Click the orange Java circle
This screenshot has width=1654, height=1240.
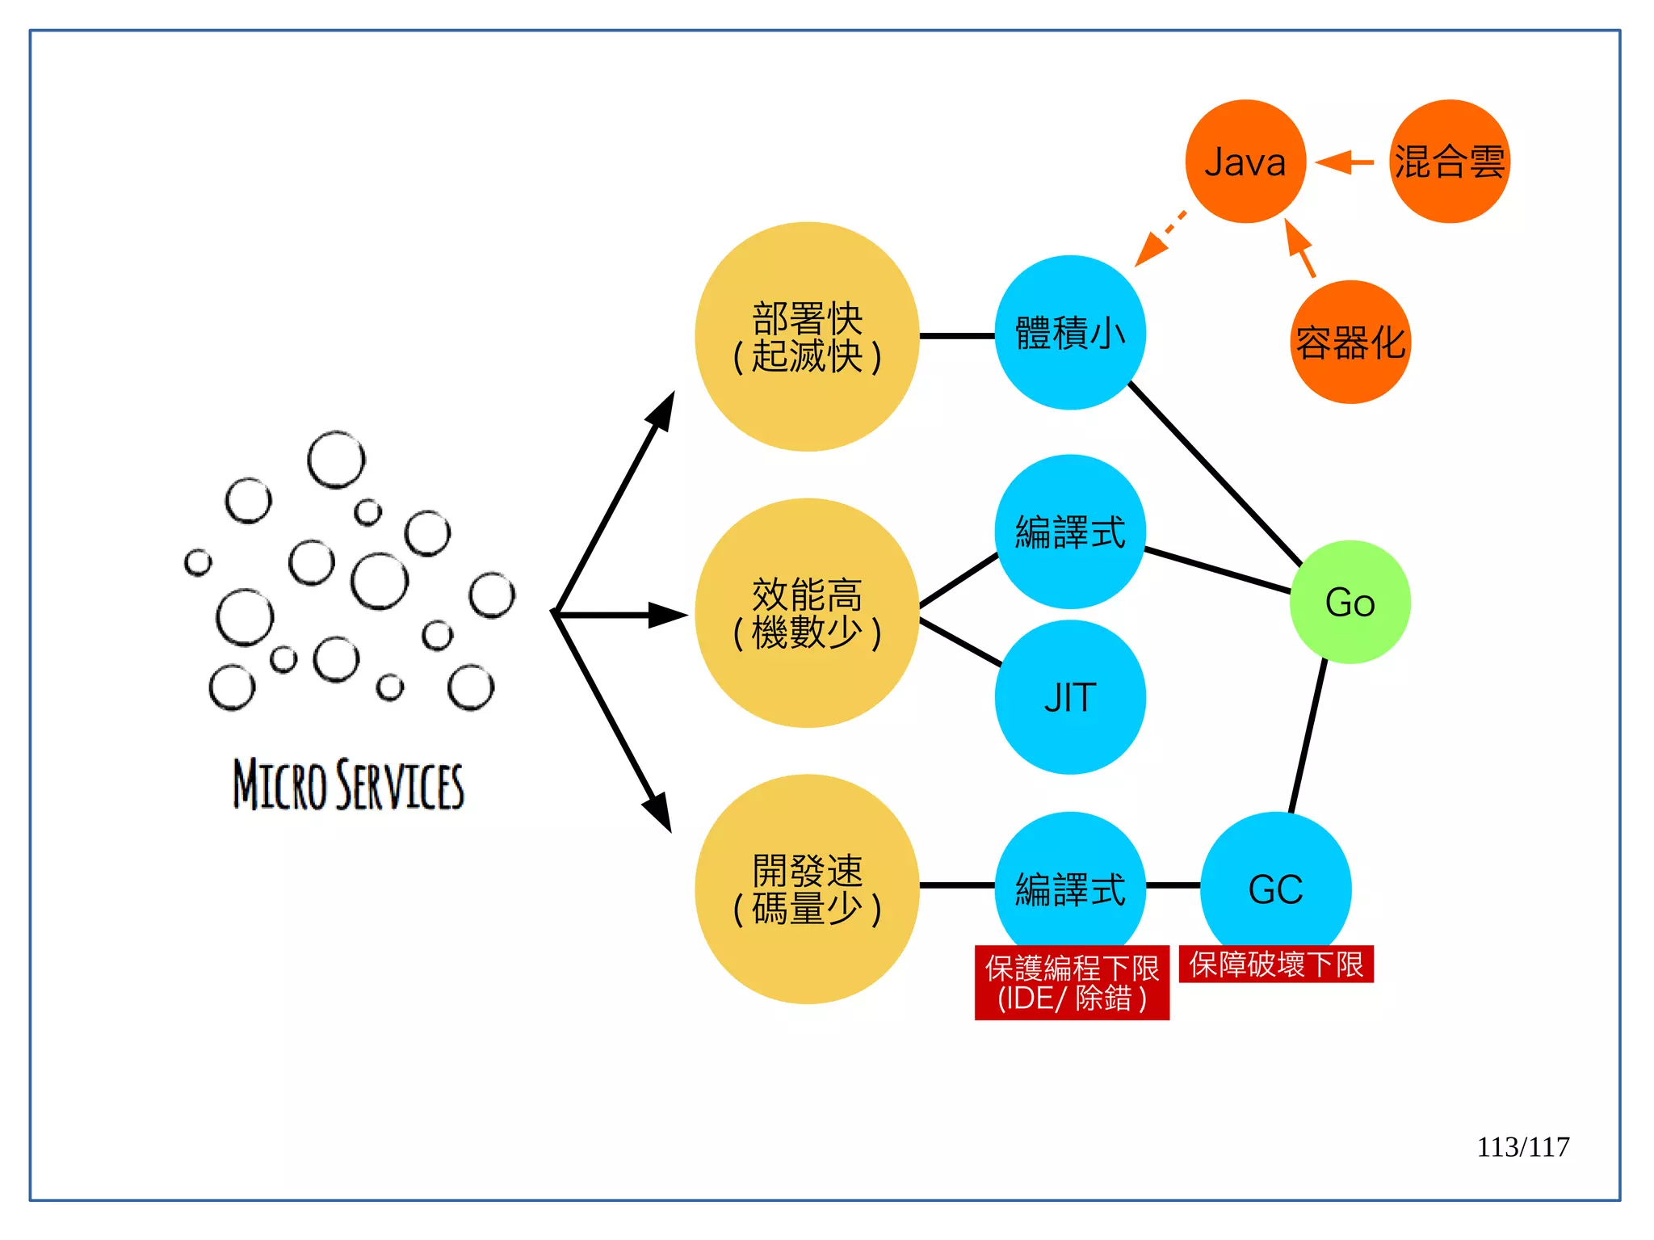click(x=1245, y=162)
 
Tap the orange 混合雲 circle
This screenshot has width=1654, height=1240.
click(x=1449, y=162)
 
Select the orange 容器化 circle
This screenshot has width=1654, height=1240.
click(x=1350, y=343)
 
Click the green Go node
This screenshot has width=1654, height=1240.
click(x=1350, y=603)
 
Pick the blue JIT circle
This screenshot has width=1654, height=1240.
click(x=1069, y=697)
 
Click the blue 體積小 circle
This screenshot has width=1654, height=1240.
click(x=1069, y=333)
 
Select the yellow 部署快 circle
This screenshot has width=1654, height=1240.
click(x=807, y=337)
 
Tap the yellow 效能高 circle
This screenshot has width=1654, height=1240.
click(x=807, y=613)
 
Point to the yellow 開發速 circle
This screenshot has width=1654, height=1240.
click(x=807, y=889)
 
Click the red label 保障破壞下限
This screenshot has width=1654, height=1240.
click(x=1275, y=965)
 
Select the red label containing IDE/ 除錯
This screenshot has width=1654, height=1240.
click(x=1071, y=983)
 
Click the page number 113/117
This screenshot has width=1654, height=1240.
click(x=1522, y=1147)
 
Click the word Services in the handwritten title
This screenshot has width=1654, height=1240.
click(x=401, y=784)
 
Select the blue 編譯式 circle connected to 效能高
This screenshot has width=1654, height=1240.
click(x=1069, y=532)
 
